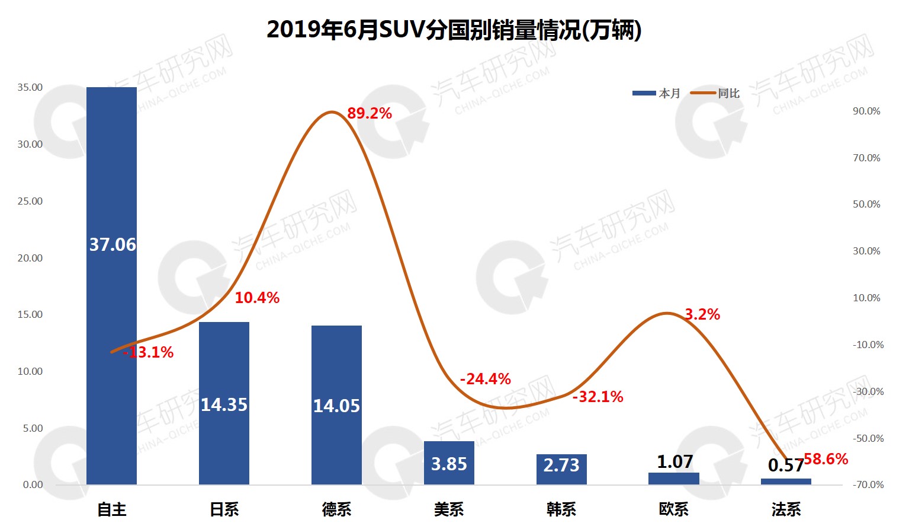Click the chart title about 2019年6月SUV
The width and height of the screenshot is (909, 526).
454,30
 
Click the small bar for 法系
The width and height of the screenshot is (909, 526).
786,482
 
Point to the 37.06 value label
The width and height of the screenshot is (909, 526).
113,244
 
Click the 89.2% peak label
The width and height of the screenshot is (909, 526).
370,113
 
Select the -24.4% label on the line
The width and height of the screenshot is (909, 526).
486,379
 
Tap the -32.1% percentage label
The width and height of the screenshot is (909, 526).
598,397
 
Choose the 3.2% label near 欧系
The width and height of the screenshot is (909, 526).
702,314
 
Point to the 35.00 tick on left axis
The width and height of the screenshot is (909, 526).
30,87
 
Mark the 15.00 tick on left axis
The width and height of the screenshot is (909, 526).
30,314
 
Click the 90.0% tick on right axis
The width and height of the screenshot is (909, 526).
866,111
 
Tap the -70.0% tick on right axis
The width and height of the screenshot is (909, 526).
868,484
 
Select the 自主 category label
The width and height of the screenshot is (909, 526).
112,509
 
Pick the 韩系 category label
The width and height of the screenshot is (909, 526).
561,509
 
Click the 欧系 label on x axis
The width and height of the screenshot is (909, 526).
674,509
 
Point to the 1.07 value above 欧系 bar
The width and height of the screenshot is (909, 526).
674,461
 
